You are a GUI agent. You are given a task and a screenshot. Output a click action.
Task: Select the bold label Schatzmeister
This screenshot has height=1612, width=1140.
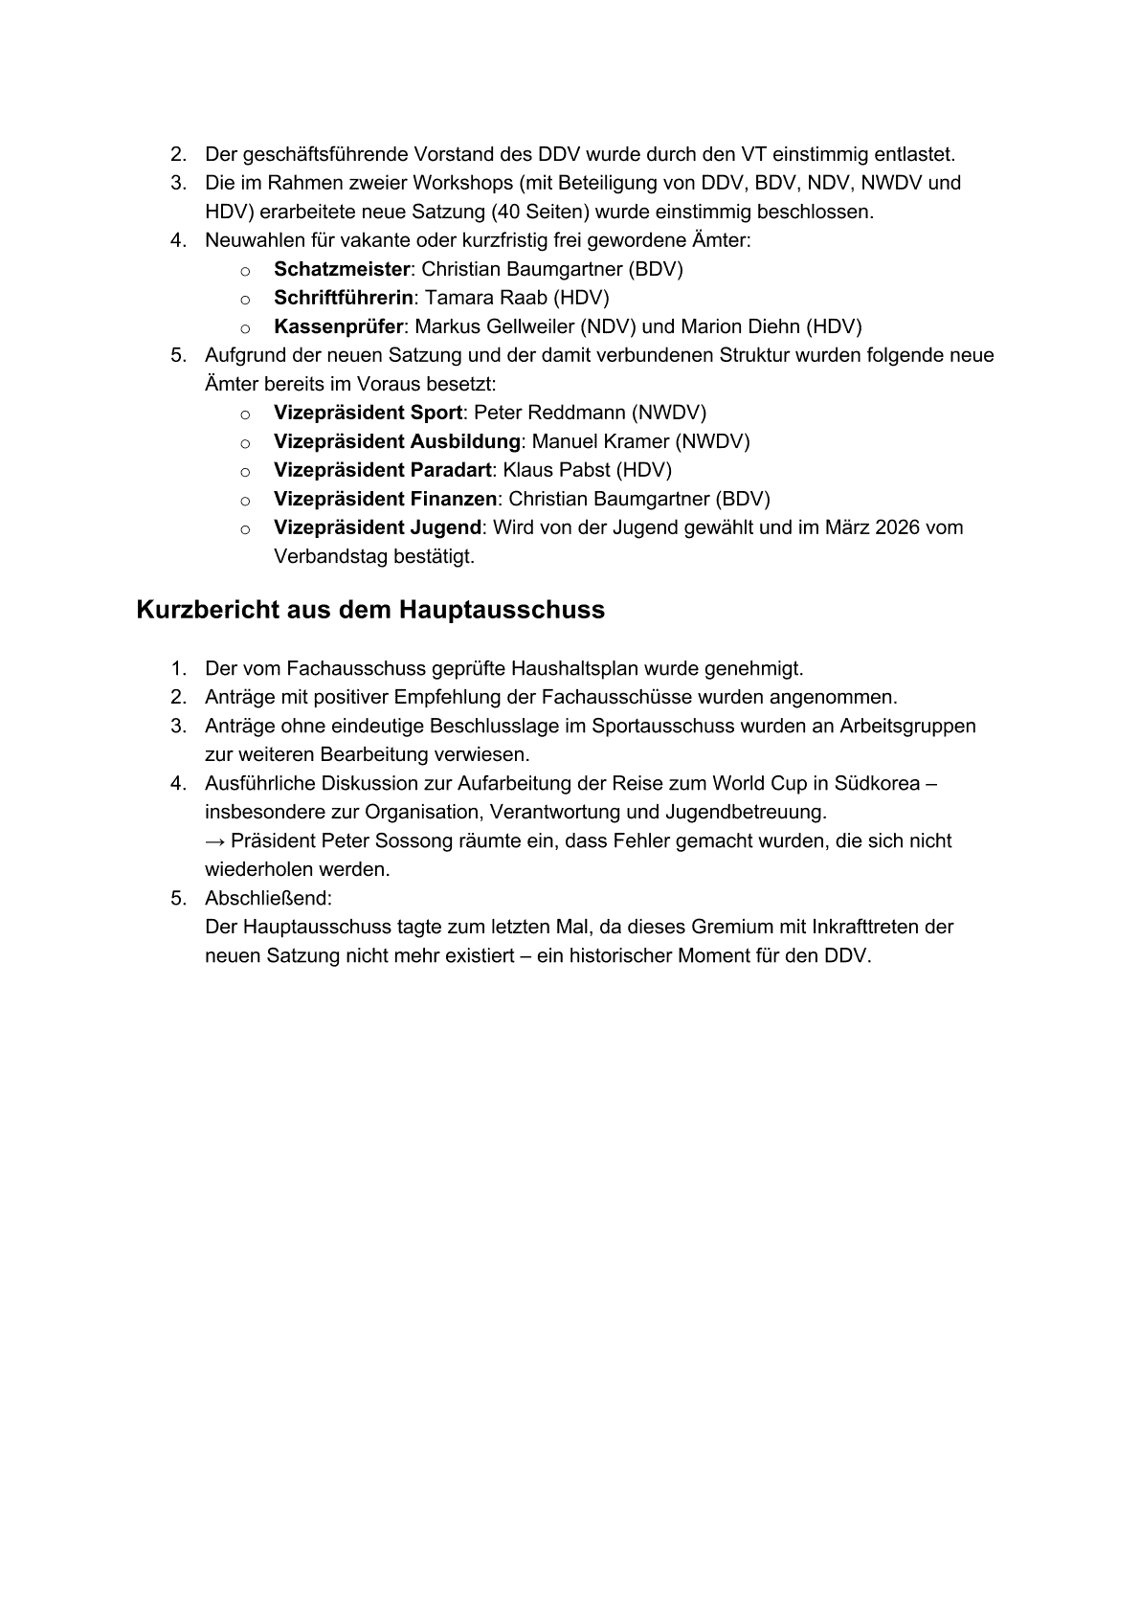pyautogui.click(x=342, y=269)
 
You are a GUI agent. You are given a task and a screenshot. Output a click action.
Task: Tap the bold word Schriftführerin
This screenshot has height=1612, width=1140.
pyautogui.click(x=344, y=298)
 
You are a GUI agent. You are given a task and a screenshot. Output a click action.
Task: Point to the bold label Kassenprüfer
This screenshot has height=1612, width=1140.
pyautogui.click(x=338, y=326)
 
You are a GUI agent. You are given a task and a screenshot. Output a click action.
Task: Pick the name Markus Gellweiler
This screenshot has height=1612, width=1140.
pyautogui.click(x=494, y=326)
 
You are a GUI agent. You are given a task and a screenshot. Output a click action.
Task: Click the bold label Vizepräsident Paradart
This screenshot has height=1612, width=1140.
pyautogui.click(x=383, y=470)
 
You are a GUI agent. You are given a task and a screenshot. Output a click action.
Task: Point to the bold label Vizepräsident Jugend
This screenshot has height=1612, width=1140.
pyautogui.click(x=377, y=527)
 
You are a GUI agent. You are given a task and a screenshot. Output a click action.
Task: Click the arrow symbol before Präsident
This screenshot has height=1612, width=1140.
pyautogui.click(x=215, y=841)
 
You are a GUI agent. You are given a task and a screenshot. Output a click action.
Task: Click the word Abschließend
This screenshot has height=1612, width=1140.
pyautogui.click(x=267, y=899)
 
